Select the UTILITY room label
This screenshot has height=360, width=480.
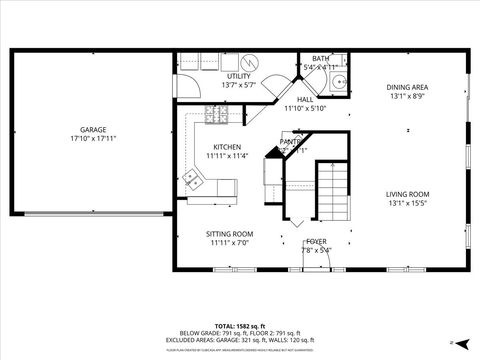[x=238, y=76]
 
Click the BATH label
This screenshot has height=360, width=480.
[x=320, y=59]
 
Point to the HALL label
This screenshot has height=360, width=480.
[x=305, y=99]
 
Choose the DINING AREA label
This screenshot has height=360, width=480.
[x=407, y=87]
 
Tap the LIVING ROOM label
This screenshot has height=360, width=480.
[x=407, y=194]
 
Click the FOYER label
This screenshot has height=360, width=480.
[x=316, y=241]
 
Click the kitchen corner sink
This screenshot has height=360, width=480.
[x=196, y=181]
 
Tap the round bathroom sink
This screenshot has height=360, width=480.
[x=338, y=83]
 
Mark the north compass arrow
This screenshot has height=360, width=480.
[x=452, y=342]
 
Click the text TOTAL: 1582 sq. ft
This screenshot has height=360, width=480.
[x=237, y=326]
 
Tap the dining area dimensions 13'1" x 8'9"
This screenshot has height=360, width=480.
[x=407, y=97]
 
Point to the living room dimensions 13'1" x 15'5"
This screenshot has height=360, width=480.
[x=407, y=204]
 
